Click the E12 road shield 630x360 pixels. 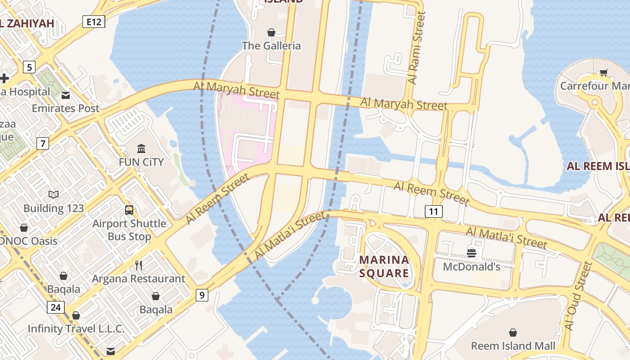pyautogui.click(x=94, y=21)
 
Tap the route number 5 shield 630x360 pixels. pyautogui.click(x=29, y=67)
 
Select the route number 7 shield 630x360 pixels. pyautogui.click(x=43, y=144)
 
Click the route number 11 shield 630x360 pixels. pyautogui.click(x=433, y=211)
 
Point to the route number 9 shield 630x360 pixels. pyautogui.click(x=202, y=295)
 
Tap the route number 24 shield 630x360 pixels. pyautogui.click(x=55, y=308)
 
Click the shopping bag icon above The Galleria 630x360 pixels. pyautogui.click(x=271, y=32)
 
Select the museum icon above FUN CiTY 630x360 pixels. pyautogui.click(x=141, y=148)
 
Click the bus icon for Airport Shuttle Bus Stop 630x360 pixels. pyautogui.click(x=129, y=210)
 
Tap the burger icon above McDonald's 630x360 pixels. pyautogui.click(x=471, y=253)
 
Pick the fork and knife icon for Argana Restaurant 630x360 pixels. pyautogui.click(x=139, y=265)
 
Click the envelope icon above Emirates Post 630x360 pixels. pyautogui.click(x=66, y=95)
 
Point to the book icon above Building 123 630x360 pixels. pyautogui.click(x=54, y=195)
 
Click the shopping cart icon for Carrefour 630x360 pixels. pyautogui.click(x=603, y=72)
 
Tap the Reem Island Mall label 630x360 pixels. pyautogui.click(x=513, y=346)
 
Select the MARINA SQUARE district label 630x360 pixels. pyautogui.click(x=384, y=266)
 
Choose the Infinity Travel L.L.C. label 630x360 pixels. pyautogui.click(x=76, y=328)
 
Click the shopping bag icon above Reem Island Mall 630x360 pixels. pyautogui.click(x=513, y=333)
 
